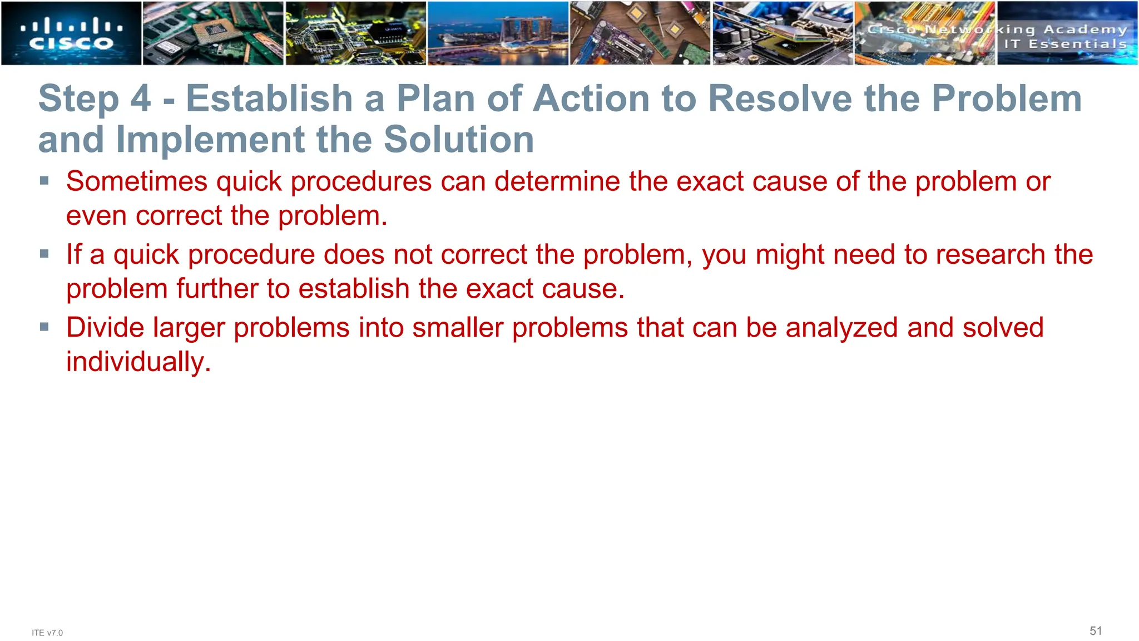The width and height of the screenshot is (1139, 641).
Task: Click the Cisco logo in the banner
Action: [71, 34]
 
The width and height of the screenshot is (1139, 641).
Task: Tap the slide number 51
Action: [1096, 631]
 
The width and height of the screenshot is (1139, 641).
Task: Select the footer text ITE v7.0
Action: [47, 633]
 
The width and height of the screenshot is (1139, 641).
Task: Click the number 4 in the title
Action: [141, 98]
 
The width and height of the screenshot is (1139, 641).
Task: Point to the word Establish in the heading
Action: [269, 98]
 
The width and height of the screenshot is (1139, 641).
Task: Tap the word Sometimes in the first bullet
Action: [137, 181]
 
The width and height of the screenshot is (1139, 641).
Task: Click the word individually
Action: [138, 362]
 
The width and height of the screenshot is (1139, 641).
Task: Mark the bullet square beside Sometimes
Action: [44, 180]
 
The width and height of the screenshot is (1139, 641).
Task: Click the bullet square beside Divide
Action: [44, 327]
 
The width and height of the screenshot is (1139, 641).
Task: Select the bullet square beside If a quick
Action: [44, 254]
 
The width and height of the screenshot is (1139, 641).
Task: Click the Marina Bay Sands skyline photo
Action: [498, 33]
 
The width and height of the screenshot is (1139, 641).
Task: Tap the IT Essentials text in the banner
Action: [1065, 44]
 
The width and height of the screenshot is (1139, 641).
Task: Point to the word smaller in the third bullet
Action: [457, 327]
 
